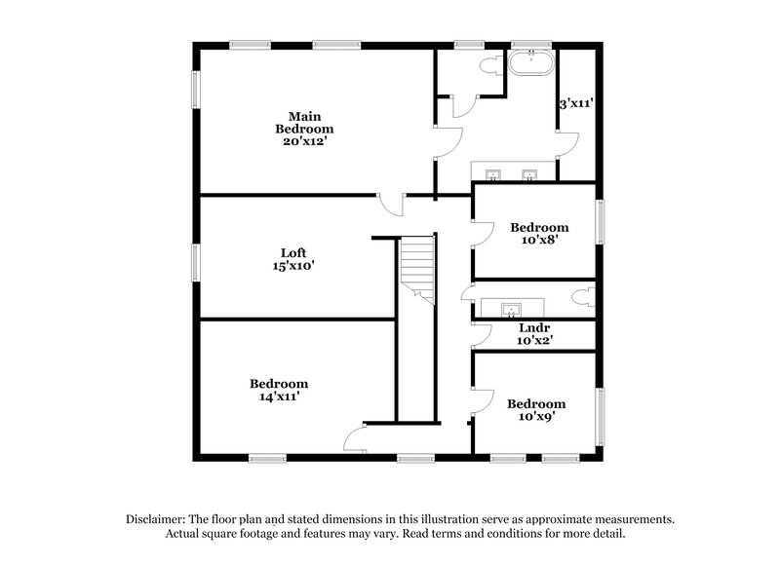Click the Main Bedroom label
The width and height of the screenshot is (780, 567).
tap(304, 123)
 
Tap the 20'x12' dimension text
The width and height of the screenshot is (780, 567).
tap(304, 140)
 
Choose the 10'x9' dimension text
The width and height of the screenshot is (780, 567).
tap(536, 417)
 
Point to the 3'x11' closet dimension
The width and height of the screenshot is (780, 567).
tap(576, 101)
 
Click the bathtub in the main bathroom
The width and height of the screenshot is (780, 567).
tap(530, 64)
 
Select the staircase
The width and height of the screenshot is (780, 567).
tap(416, 268)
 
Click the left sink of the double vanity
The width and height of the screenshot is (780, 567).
tap(494, 175)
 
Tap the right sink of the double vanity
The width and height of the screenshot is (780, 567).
tap(530, 175)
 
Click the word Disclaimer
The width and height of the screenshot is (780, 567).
tap(155, 520)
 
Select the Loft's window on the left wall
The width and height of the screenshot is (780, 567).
tap(195, 261)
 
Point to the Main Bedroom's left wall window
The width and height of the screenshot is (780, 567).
tap(195, 90)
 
